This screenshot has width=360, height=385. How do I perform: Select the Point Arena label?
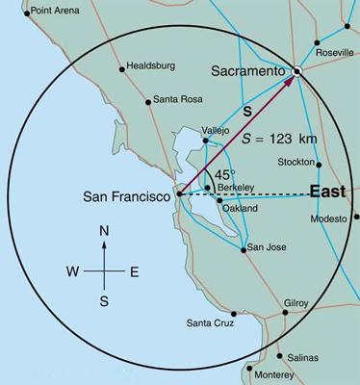(58, 13)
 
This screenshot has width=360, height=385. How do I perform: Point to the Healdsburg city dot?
(121, 68)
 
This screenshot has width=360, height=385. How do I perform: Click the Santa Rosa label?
(179, 100)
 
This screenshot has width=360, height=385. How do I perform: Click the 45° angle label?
(223, 175)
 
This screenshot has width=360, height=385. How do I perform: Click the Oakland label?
(240, 208)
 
